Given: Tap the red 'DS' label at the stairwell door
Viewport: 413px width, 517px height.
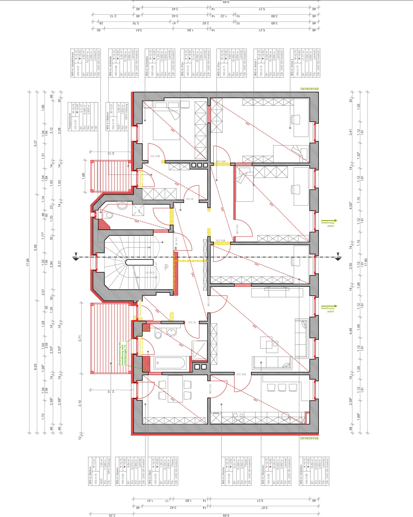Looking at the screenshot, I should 176,249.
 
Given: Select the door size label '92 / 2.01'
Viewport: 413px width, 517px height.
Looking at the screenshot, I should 176,241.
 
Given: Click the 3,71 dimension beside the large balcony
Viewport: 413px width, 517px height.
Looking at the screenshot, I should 80,338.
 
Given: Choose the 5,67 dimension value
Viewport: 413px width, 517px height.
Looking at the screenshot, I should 262,508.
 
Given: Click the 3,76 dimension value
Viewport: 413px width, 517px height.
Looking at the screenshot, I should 136,23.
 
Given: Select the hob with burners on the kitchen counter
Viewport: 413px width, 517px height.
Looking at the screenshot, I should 238,416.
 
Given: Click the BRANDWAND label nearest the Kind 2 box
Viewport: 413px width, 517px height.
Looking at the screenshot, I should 309,89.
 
